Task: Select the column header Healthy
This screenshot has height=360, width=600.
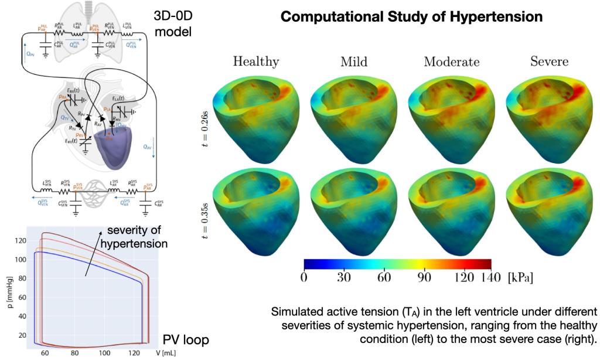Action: pos(256,62)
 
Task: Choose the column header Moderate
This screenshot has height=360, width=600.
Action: pos(451,62)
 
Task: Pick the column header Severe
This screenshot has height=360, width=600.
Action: pos(549,62)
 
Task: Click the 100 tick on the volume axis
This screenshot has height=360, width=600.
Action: pos(104,352)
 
